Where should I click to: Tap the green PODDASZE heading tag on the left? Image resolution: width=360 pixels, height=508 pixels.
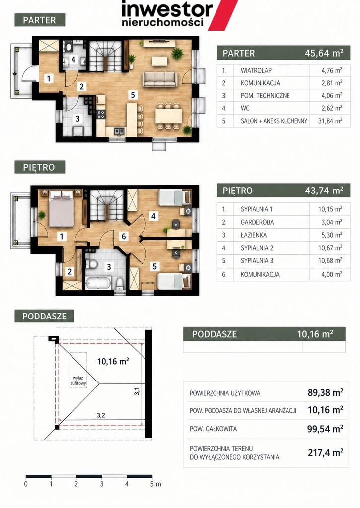(x=44, y=316)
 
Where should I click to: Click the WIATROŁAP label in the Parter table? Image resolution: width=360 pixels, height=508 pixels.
(x=256, y=70)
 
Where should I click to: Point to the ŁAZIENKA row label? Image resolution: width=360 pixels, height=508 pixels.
(x=254, y=235)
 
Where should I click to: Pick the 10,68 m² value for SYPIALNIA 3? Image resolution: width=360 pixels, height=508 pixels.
(x=330, y=261)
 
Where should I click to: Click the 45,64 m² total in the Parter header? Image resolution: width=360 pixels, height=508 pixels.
(x=324, y=53)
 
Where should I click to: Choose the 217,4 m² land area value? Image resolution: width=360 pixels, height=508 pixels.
(x=325, y=452)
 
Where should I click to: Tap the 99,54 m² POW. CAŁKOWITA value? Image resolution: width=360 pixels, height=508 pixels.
(x=325, y=429)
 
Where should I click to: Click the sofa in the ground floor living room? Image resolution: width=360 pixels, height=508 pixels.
(x=160, y=79)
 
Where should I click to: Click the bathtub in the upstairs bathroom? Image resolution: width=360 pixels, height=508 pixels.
(x=98, y=283)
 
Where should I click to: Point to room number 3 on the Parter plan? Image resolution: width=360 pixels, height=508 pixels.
(x=77, y=119)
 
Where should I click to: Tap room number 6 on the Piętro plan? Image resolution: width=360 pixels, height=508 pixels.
(x=124, y=236)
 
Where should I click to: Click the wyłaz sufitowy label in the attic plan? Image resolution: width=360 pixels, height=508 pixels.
(x=78, y=381)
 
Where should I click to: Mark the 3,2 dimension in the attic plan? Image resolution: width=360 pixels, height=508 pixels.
(x=101, y=415)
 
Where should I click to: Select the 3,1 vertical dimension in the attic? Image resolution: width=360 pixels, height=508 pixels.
(x=137, y=391)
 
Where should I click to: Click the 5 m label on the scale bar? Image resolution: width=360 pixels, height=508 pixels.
(x=156, y=484)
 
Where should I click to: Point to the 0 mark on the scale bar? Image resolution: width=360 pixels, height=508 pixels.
(x=26, y=484)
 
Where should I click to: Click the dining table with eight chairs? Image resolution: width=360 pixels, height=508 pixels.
(x=168, y=116)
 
